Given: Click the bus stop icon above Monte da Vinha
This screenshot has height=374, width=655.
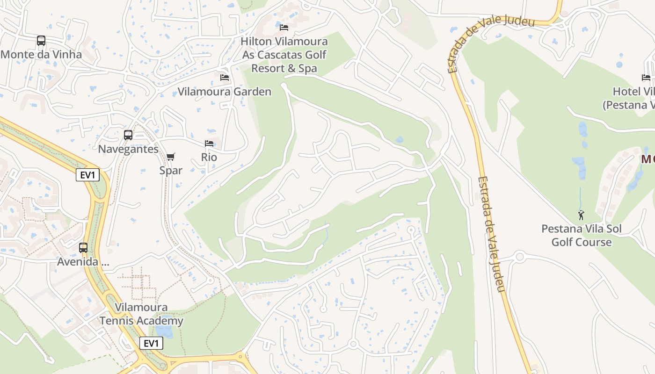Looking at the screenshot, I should click(41, 41).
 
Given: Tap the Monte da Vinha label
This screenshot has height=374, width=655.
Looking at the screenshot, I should click(41, 54).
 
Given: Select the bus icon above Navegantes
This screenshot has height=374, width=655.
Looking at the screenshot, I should click(128, 135).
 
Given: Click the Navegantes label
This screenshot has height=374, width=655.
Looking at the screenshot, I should click(128, 149).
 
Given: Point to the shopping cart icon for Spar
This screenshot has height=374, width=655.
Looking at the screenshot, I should click(171, 157).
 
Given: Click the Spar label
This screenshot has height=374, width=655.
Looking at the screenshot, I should click(171, 170).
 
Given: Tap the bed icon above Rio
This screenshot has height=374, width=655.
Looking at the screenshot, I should click(209, 144).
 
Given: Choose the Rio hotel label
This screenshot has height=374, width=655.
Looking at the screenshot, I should click(209, 157).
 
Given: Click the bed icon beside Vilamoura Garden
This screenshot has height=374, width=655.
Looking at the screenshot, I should click(225, 77).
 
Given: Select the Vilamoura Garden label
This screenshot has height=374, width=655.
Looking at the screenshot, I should click(225, 92).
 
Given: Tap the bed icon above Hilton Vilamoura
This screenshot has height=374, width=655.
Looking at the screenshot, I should click(284, 27).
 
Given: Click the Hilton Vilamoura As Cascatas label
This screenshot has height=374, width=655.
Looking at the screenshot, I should click(284, 55).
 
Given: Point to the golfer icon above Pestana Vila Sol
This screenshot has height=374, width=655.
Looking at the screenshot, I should click(581, 215).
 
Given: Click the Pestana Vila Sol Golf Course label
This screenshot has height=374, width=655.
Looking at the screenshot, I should click(582, 236).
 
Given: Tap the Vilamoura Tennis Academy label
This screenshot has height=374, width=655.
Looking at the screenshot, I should click(141, 314).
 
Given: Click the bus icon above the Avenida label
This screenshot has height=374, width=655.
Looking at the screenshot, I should click(83, 248).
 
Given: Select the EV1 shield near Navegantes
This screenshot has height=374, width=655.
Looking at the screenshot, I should click(88, 175).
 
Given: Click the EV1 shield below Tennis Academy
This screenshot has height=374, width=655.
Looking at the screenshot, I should click(151, 343).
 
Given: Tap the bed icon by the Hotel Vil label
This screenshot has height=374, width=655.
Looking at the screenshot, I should click(646, 78).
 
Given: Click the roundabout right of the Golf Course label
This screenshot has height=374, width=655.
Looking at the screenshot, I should click(519, 256).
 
